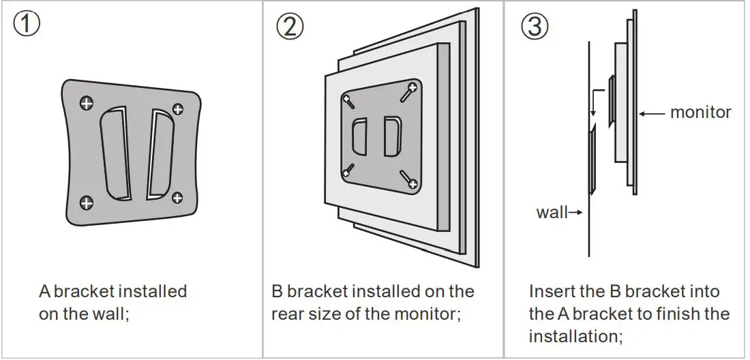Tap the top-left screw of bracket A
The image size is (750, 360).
86,103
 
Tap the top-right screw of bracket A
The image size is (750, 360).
177,109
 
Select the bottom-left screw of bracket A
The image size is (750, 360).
87,202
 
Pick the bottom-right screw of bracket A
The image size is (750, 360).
177,198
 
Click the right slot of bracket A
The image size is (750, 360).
161,155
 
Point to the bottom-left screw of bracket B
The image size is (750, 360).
348,170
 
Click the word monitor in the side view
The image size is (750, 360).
700,112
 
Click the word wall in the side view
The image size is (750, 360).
552,212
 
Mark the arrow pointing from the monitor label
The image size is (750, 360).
652,113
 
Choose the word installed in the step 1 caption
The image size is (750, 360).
152,292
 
